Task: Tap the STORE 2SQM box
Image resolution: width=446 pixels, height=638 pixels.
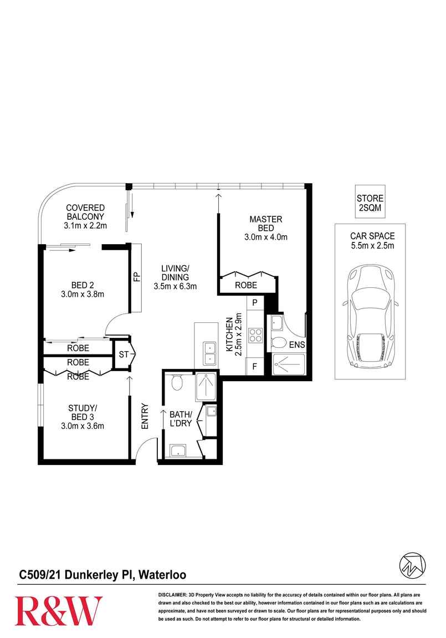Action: [x=370, y=202]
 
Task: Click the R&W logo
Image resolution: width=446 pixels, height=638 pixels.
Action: [x=59, y=610]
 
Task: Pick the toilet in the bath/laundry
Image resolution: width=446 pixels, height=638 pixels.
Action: [x=177, y=382]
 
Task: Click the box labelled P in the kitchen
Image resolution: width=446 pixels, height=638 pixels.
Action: [x=255, y=303]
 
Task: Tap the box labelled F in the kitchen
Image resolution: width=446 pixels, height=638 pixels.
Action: [x=255, y=367]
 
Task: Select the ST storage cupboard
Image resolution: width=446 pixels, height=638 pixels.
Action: [x=122, y=353]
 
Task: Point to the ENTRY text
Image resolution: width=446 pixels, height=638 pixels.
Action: [x=145, y=416]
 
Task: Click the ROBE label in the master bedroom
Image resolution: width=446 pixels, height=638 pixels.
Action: [x=246, y=285]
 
